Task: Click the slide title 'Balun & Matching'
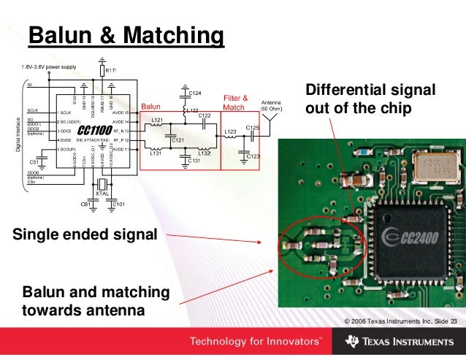point(124,34)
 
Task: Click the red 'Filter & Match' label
point(234,103)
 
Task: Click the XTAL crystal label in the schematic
point(102,193)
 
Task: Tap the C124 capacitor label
point(195,93)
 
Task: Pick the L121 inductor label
point(156,119)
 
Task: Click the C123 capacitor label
point(253,156)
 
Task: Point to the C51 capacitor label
point(34,161)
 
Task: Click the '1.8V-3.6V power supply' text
point(47,68)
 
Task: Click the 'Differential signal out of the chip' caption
point(370,99)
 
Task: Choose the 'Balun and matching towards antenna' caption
point(96,302)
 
